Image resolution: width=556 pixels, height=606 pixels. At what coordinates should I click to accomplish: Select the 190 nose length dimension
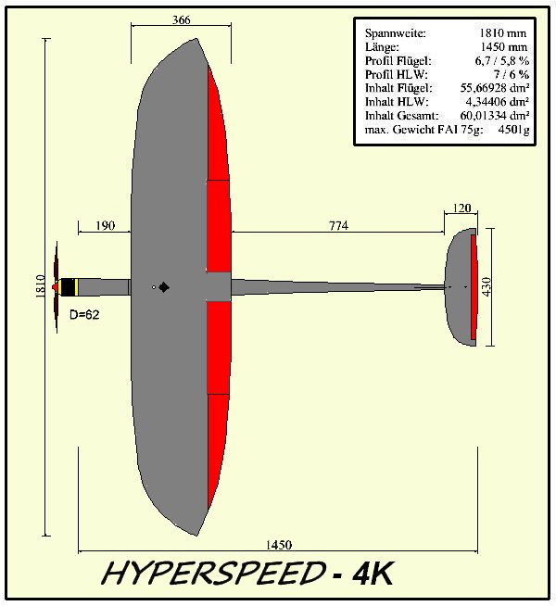(105, 225)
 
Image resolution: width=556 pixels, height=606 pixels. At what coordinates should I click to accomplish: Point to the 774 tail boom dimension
(337, 225)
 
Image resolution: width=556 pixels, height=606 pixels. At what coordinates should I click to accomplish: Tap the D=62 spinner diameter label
(84, 315)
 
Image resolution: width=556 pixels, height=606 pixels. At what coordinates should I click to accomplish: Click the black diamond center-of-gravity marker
(164, 287)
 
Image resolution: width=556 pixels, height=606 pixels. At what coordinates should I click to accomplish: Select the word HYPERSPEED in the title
(211, 574)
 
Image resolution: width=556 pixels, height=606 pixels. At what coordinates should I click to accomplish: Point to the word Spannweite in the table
(390, 33)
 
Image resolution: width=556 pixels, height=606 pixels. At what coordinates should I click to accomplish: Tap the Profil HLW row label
(391, 72)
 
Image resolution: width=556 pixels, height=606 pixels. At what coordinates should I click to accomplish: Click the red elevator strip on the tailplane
(474, 287)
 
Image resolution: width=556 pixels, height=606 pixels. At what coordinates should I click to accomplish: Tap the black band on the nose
(69, 287)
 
